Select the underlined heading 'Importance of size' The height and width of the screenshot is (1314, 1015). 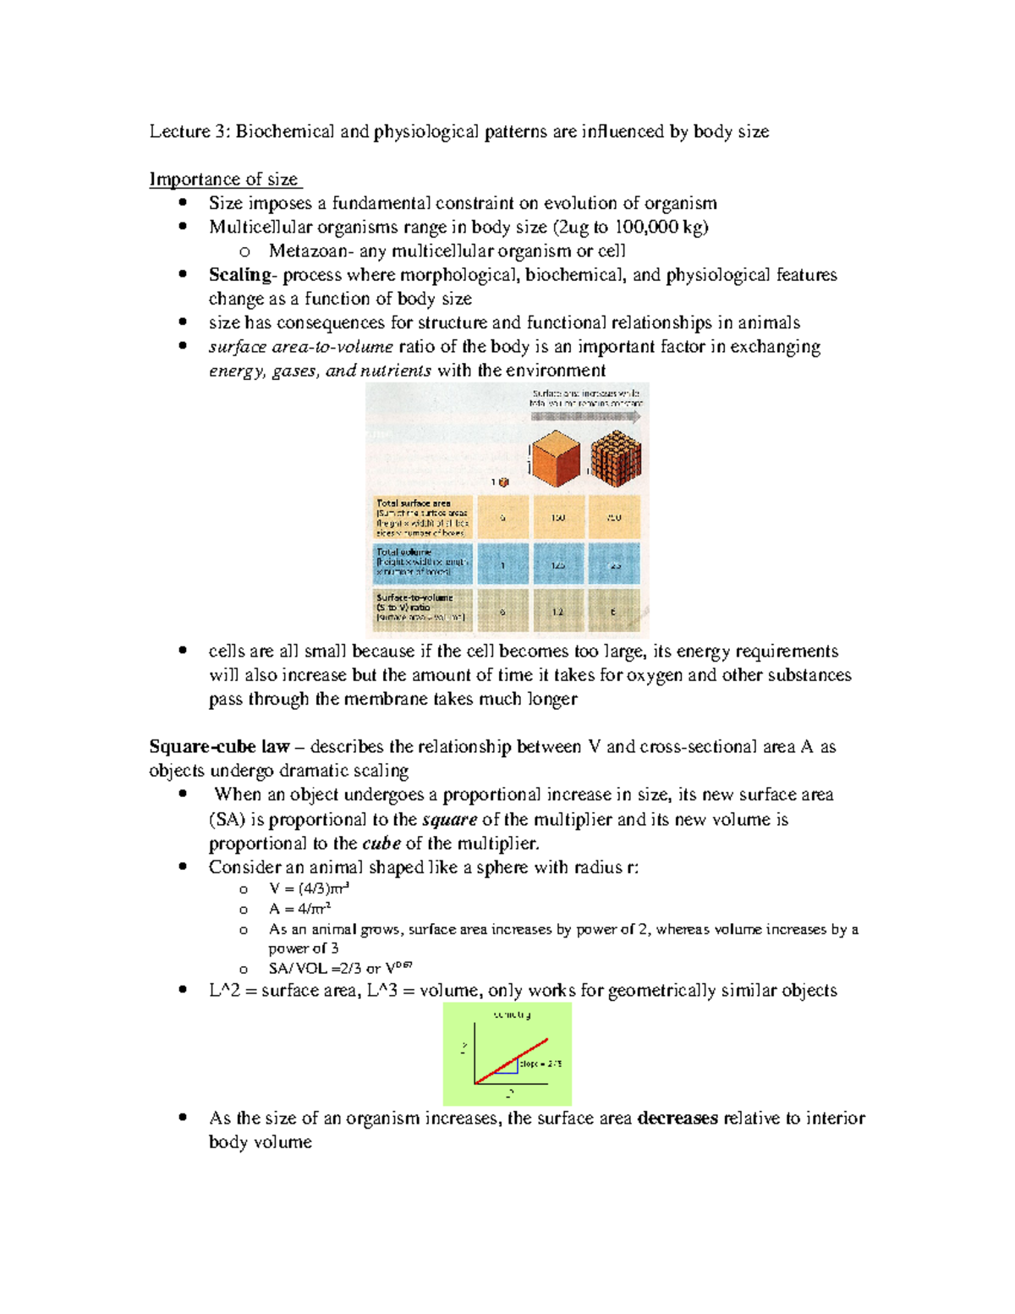[224, 179]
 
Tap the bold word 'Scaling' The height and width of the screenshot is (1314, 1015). [240, 275]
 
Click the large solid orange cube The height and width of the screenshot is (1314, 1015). [556, 458]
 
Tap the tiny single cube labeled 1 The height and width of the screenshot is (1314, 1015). [504, 482]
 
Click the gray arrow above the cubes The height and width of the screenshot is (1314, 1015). [585, 416]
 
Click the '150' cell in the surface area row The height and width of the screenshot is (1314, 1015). [558, 518]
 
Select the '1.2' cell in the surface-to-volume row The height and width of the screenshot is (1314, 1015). [558, 611]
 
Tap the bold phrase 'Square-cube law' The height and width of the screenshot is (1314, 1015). [219, 747]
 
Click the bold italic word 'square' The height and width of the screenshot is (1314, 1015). [449, 820]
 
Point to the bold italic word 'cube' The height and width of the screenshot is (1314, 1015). [381, 844]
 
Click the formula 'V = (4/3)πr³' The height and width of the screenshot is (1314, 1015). [309, 888]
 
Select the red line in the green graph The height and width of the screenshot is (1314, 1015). [512, 1061]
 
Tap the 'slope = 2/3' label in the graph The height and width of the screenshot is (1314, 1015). [540, 1064]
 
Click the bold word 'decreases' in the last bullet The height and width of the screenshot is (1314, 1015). [678, 1119]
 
